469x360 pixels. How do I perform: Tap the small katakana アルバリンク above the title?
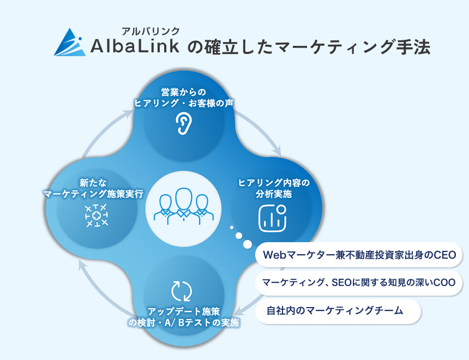click(x=151, y=31)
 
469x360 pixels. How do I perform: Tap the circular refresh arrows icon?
click(x=182, y=291)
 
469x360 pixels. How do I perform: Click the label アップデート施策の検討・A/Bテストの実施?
click(x=183, y=317)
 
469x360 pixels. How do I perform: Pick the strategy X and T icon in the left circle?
click(x=97, y=215)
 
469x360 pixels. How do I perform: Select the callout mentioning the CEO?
click(x=359, y=255)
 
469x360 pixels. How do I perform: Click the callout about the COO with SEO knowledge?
click(x=359, y=283)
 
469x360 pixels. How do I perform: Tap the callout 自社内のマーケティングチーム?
click(x=338, y=311)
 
